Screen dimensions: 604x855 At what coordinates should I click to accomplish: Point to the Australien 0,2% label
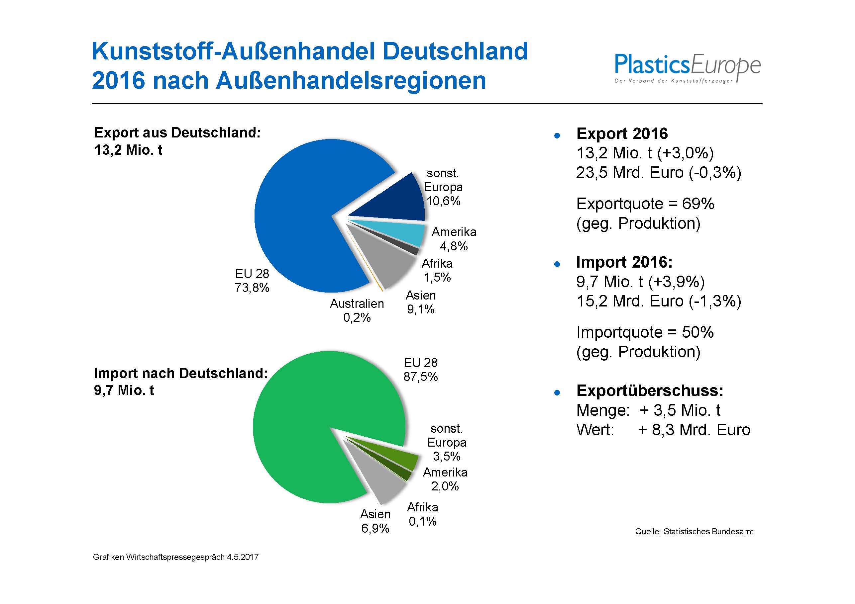[x=356, y=310]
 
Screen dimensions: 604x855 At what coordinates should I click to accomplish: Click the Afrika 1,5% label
[x=437, y=270]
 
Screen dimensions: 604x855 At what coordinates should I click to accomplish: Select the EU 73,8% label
[x=252, y=281]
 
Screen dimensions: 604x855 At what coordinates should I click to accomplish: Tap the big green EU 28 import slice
[x=317, y=420]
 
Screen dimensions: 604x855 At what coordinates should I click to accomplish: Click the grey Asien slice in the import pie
[x=383, y=480]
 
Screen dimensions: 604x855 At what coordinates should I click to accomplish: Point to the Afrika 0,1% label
[x=422, y=514]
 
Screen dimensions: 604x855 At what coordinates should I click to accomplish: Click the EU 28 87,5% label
[x=420, y=370]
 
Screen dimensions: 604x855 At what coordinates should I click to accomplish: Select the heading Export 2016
[x=622, y=133]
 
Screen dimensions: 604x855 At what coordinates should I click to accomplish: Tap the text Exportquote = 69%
[x=645, y=204]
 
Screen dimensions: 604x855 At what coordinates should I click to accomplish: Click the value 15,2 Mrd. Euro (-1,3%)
[x=658, y=301]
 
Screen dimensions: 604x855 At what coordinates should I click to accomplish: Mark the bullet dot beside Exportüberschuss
[x=557, y=392]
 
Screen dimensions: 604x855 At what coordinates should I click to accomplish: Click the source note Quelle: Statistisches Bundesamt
[x=694, y=531]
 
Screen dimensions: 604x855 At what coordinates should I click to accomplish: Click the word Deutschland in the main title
[x=455, y=51]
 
